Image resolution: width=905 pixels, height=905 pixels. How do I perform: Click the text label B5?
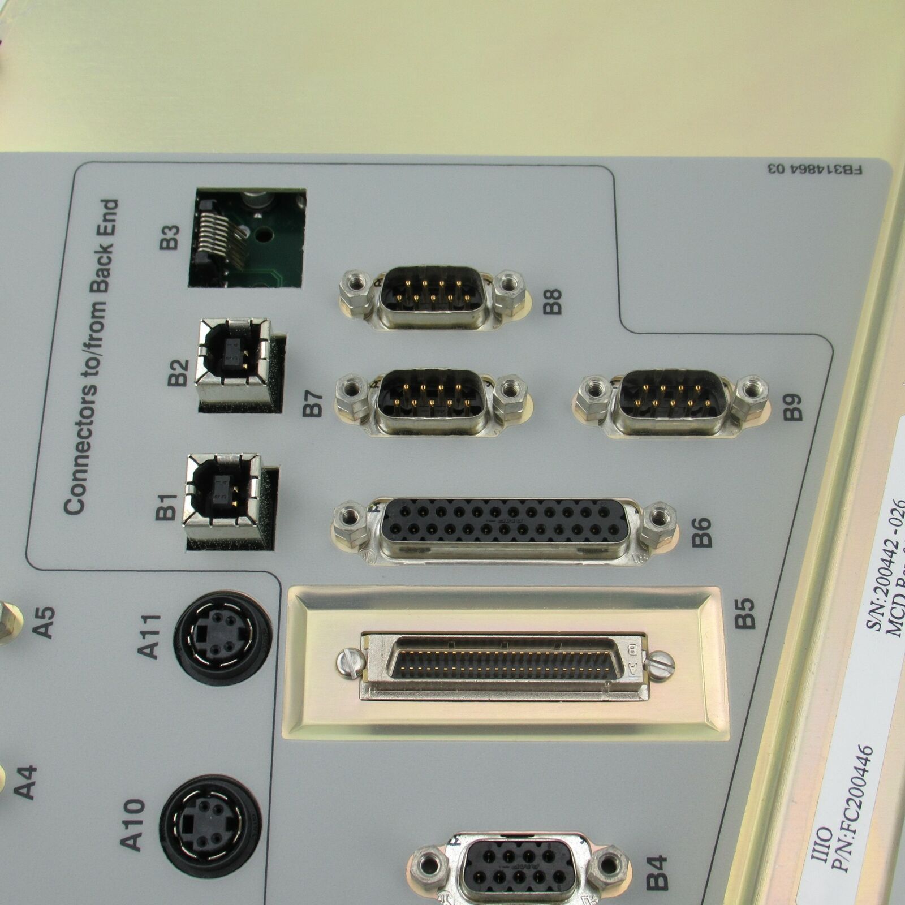coord(747,614)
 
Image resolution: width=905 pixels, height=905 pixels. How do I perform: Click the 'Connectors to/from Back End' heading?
coord(90,356)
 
